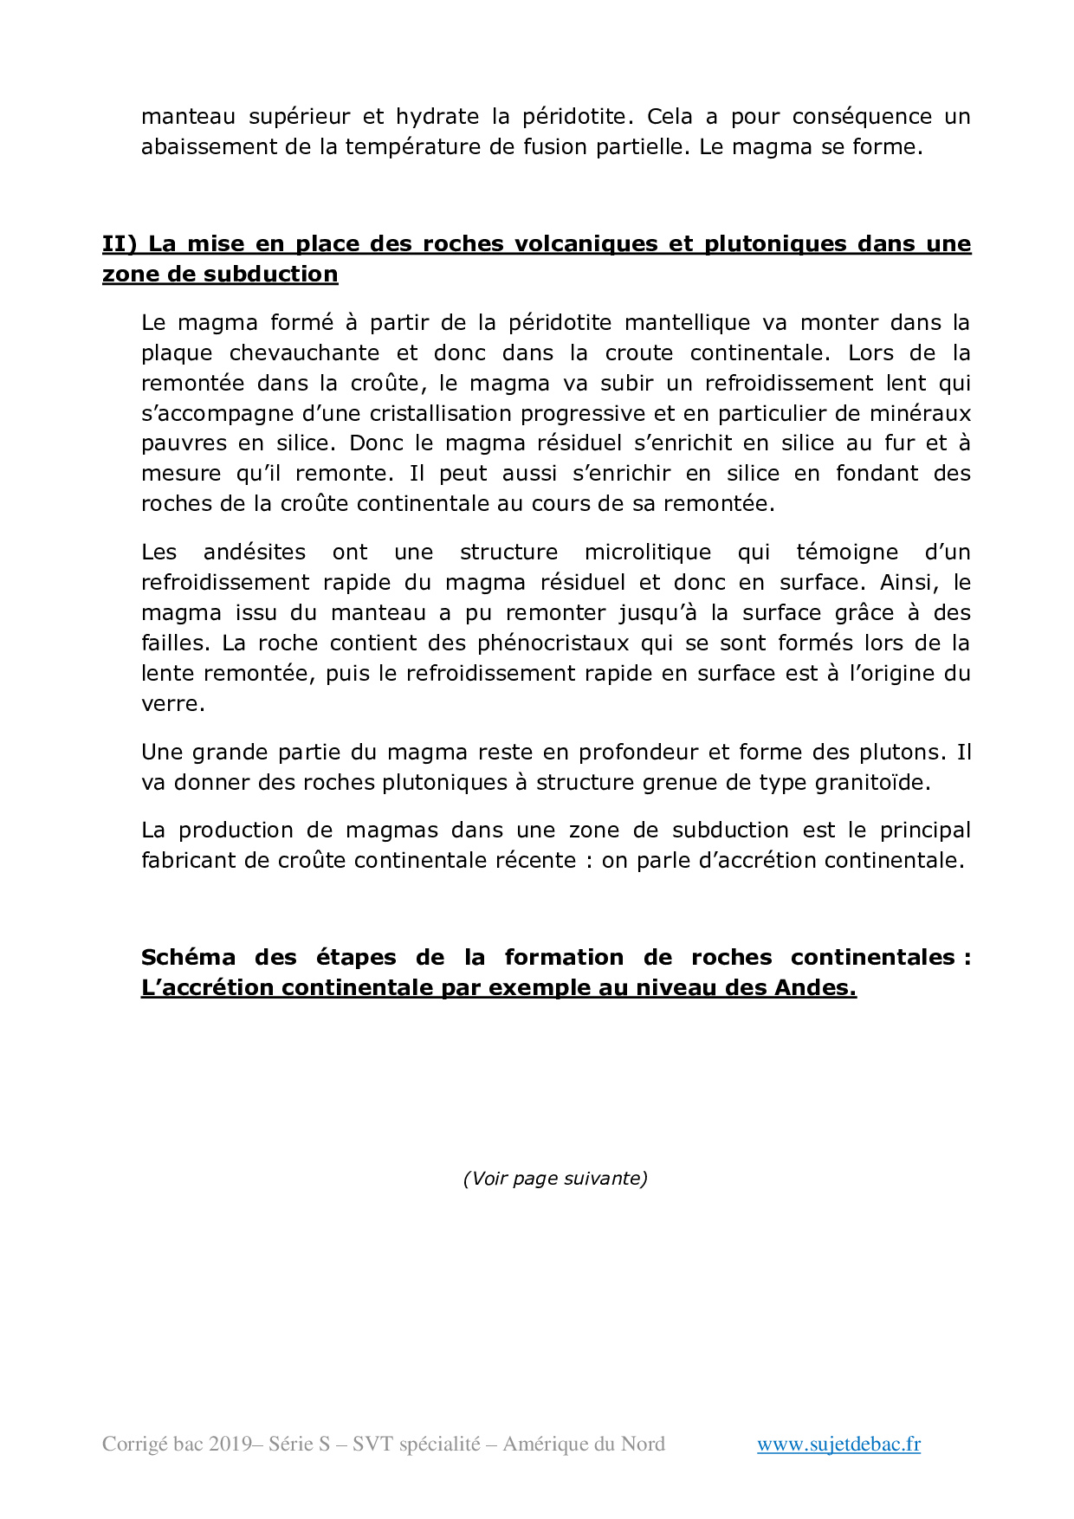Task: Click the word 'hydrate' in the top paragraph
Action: click(x=437, y=117)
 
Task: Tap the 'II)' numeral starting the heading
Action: click(x=120, y=244)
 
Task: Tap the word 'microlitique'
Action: click(x=648, y=553)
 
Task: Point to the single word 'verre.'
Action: click(x=173, y=704)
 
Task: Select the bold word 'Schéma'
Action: click(x=188, y=958)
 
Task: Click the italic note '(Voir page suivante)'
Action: click(x=555, y=1179)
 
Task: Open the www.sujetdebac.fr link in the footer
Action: click(x=838, y=1445)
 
